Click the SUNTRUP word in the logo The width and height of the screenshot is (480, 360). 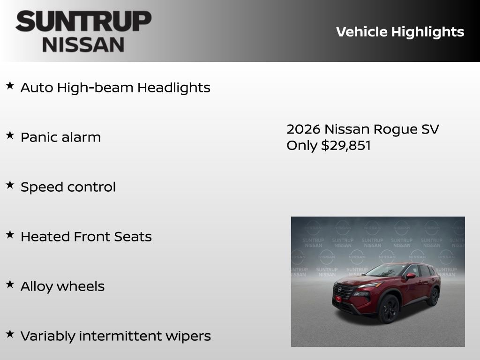tap(83, 22)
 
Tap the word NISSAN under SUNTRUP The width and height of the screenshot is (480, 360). tap(83, 45)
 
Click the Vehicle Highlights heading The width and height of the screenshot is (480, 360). tap(400, 32)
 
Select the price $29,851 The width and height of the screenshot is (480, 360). tap(346, 145)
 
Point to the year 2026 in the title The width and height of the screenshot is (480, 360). tap(303, 129)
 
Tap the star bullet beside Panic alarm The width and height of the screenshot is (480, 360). tap(10, 135)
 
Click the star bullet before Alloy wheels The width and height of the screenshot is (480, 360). tap(10, 285)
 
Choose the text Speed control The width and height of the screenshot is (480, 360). tap(68, 187)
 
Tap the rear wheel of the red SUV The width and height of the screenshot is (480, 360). tap(434, 297)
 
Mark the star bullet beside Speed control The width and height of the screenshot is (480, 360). tap(10, 185)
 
